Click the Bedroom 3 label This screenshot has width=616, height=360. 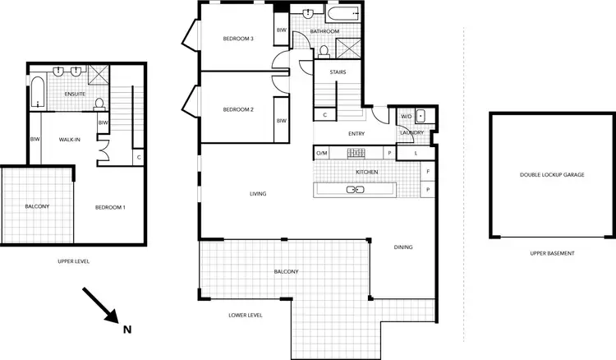[x=240, y=39]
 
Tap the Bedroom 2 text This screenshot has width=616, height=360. [x=240, y=109]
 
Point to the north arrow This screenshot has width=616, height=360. [x=100, y=305]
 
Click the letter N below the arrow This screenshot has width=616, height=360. [x=126, y=330]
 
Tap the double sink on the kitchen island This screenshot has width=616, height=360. [x=356, y=190]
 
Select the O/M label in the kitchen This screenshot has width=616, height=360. [x=322, y=153]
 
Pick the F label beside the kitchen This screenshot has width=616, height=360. [x=429, y=172]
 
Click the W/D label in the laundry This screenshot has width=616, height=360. [x=406, y=116]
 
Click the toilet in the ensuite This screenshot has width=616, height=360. [x=99, y=104]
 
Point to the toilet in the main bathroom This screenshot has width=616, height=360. [x=324, y=51]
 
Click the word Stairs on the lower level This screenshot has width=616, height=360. [x=338, y=72]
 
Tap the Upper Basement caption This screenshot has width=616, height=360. [x=550, y=253]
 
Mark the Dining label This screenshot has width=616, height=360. [x=403, y=247]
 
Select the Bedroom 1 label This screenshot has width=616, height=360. [x=109, y=206]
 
